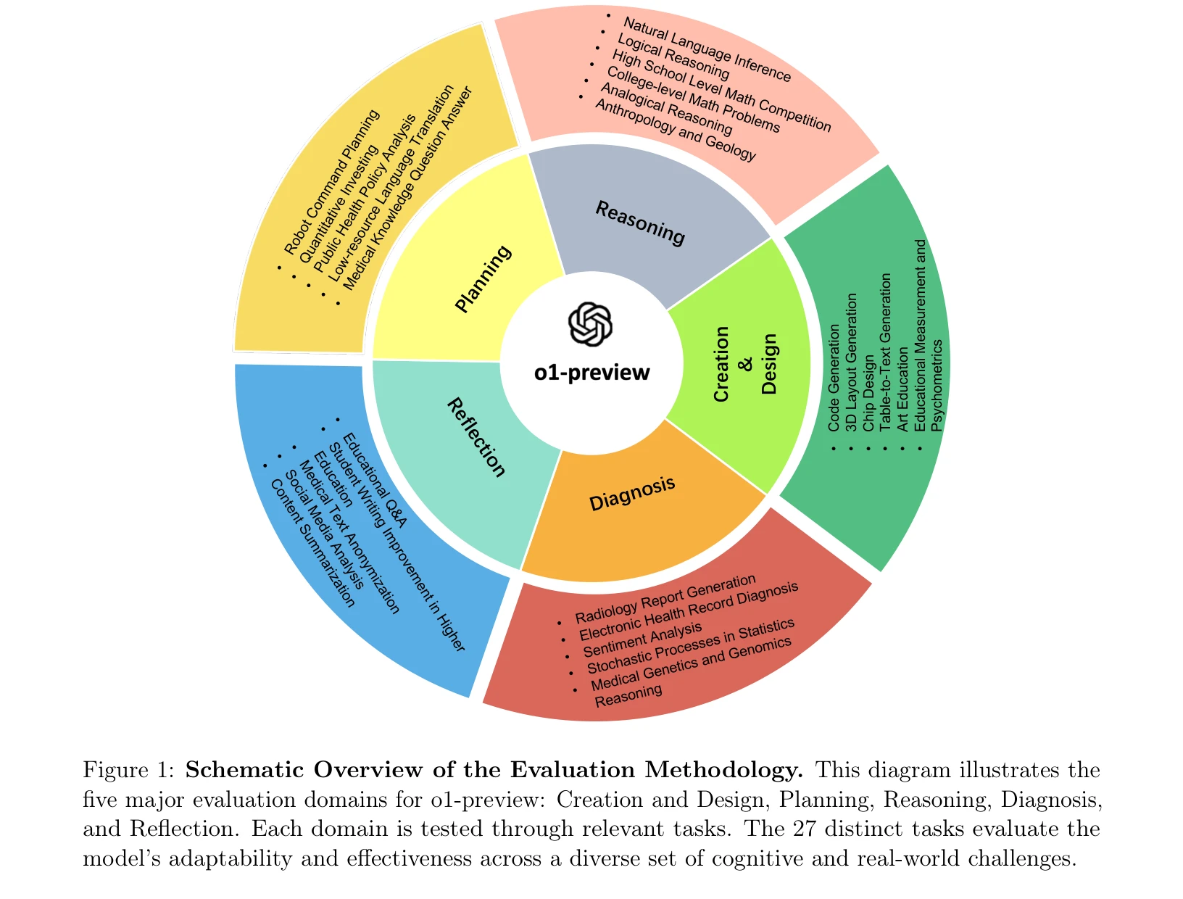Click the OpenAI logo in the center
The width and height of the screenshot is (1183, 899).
(590, 324)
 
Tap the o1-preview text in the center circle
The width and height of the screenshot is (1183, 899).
(592, 373)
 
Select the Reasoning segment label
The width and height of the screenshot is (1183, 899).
(640, 223)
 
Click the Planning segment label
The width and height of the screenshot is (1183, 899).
(483, 279)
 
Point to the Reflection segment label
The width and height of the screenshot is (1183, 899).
(476, 437)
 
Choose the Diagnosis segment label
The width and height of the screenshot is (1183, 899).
(632, 494)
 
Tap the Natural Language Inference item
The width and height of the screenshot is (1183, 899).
(707, 50)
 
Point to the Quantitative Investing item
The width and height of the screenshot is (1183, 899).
(339, 205)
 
